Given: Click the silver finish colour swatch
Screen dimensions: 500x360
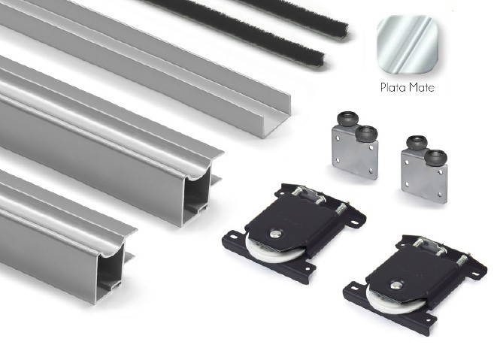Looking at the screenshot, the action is coord(408,44).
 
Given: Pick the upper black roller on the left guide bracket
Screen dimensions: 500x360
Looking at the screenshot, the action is coord(348,119).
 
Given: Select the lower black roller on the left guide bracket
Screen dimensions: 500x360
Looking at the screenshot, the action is coord(367,133).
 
